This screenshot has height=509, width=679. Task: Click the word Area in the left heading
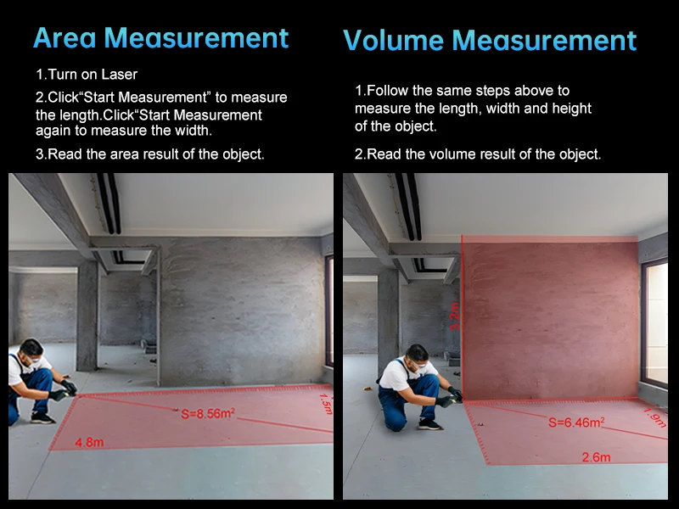(65, 37)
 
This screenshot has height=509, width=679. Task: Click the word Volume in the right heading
(393, 40)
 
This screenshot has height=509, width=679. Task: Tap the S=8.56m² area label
(208, 413)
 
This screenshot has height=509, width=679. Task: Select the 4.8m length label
(89, 442)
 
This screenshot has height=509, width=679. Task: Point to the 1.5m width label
(326, 404)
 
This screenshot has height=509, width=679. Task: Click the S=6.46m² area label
(576, 422)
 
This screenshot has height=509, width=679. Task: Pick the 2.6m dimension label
(596, 457)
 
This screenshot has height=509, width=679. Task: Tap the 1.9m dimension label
(655, 417)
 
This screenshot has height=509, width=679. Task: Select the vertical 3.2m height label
(454, 316)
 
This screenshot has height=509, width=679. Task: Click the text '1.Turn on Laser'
(87, 75)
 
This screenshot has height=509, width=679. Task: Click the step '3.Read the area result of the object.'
(150, 154)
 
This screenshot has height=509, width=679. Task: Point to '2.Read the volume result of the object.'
(478, 154)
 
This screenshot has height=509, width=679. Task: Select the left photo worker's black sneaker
(42, 418)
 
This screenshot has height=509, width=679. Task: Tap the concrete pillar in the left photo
(87, 315)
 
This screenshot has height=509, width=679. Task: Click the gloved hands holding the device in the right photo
(450, 397)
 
